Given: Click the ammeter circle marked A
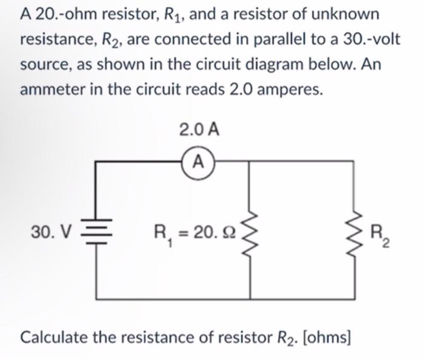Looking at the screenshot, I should pyautogui.click(x=198, y=162).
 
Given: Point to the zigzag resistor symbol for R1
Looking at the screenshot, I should pyautogui.click(x=251, y=231).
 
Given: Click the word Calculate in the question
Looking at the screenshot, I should pyautogui.click(x=56, y=336).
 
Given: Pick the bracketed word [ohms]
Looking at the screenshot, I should pyautogui.click(x=326, y=336).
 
